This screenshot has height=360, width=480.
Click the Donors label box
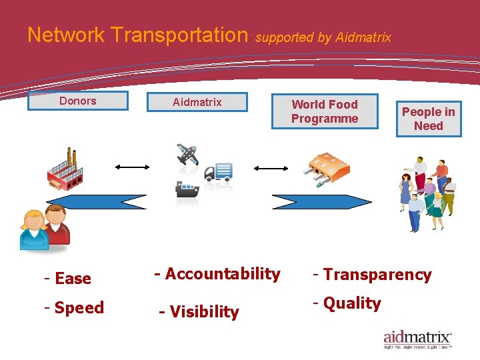(x=77, y=101)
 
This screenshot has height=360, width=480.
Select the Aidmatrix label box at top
(x=197, y=102)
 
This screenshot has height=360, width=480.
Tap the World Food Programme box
(x=325, y=111)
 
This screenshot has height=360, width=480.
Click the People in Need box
(x=428, y=119)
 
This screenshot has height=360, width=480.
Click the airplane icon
(x=188, y=154)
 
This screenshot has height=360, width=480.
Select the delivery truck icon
(x=218, y=172)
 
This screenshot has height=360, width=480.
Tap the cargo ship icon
(x=187, y=189)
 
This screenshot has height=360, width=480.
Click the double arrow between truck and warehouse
(x=270, y=169)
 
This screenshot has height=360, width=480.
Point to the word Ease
(x=73, y=279)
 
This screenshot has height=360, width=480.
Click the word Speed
(x=79, y=308)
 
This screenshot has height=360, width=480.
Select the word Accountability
(x=222, y=274)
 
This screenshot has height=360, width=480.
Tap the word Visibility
(x=203, y=312)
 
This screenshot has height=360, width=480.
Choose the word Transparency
(x=377, y=275)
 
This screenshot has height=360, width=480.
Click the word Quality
(x=352, y=303)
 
